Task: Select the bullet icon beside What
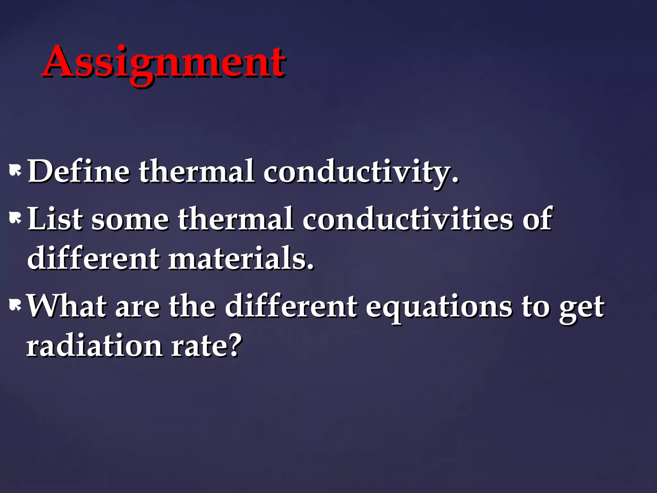pyautogui.click(x=15, y=305)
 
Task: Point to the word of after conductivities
pyautogui.click(x=537, y=219)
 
